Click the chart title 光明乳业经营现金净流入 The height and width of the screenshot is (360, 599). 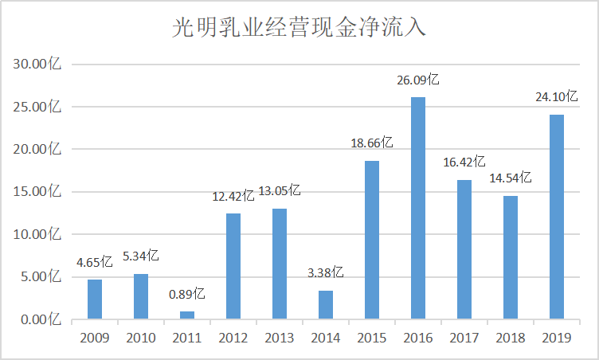click(299, 29)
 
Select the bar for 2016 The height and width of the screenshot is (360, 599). click(418, 208)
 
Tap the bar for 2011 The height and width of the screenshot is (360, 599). click(187, 315)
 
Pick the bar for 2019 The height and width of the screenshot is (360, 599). click(557, 217)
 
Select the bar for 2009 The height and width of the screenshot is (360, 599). click(95, 299)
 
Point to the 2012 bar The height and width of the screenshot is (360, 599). click(233, 266)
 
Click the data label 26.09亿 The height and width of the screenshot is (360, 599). click(418, 80)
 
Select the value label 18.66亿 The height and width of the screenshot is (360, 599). click(372, 144)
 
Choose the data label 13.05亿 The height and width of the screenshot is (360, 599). click(280, 191)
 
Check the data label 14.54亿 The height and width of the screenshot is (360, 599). click(511, 179)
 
